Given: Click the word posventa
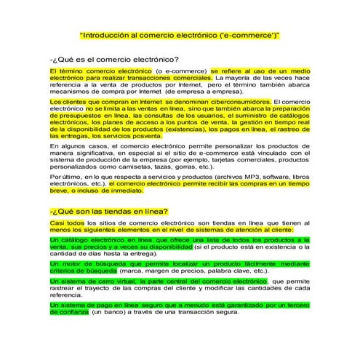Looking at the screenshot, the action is [159, 136].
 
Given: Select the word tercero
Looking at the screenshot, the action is [296, 305].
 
